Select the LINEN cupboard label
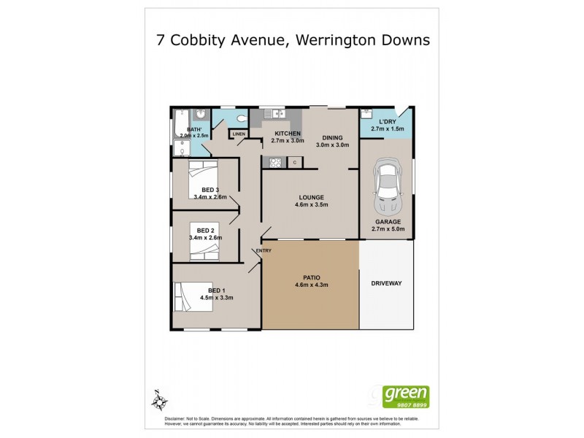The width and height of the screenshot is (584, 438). (x=238, y=134)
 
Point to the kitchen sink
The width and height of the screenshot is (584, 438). (x=274, y=113)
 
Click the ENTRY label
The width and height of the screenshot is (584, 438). (x=264, y=251)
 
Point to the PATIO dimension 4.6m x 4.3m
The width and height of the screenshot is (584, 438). (x=310, y=286)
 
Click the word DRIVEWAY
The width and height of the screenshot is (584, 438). (x=386, y=283)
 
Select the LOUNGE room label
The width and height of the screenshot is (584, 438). (x=310, y=197)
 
